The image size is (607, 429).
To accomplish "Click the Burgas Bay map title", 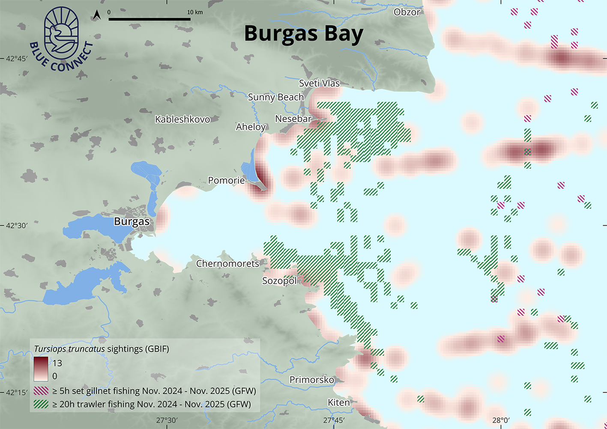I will (303, 34).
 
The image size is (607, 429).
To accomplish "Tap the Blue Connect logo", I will (61, 39).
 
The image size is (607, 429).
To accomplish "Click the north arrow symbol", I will (97, 15).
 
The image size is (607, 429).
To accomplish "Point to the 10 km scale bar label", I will (195, 12).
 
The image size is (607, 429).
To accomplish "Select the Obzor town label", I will (407, 12).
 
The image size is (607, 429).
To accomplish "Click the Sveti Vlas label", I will (319, 83).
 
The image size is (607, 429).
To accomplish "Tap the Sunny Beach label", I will (276, 97).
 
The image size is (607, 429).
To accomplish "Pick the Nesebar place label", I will (293, 119).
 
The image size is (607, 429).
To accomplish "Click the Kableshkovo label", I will (182, 119).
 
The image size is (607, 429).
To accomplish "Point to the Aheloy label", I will (251, 127).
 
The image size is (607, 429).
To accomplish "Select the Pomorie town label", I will (226, 180).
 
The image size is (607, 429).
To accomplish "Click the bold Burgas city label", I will (132, 221).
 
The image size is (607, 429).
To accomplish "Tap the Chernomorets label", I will (227, 264).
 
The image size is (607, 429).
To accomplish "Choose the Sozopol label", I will (279, 281).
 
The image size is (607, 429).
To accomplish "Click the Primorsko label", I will (311, 380).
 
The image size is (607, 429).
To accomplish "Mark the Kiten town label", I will (338, 402).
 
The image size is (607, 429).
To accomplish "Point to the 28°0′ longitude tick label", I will (500, 420).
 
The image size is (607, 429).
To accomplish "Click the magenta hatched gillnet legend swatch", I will (41, 391).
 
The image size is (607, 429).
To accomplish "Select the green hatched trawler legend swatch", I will (41, 404).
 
